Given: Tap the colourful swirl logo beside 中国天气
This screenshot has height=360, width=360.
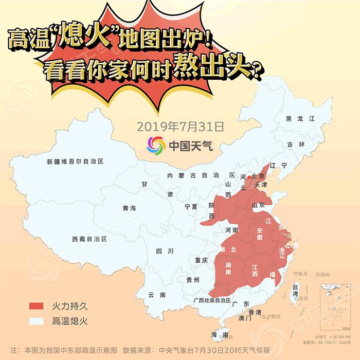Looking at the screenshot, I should click(156, 145).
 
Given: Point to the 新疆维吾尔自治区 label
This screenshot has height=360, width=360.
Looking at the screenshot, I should click(75, 161).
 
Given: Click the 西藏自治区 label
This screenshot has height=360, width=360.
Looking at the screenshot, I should click(89, 239).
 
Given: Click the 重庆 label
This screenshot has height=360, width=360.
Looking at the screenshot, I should click(201, 261).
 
